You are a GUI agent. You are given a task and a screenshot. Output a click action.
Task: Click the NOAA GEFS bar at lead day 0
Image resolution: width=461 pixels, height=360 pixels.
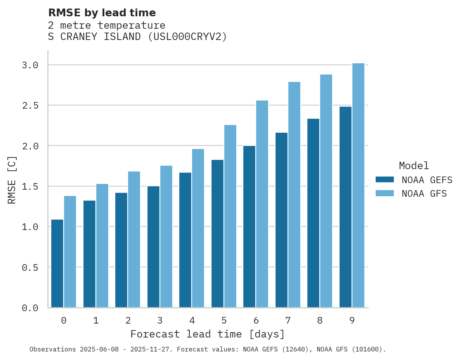(x=57, y=263)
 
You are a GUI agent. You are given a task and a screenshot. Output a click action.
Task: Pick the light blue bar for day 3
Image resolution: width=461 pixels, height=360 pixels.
(x=166, y=237)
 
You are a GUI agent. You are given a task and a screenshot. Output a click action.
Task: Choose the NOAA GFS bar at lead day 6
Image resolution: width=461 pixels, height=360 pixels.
(x=262, y=204)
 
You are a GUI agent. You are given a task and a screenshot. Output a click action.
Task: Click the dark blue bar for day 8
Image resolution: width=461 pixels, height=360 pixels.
(x=313, y=213)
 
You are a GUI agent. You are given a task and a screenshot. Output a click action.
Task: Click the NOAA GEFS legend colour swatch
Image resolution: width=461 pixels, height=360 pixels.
(x=385, y=180)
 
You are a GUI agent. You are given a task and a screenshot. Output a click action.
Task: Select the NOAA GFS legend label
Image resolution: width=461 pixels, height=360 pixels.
(x=424, y=194)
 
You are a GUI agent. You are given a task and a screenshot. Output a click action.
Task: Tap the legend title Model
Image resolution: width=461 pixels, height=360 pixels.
(x=414, y=166)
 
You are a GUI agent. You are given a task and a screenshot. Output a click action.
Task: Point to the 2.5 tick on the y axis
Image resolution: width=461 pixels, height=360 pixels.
(x=30, y=106)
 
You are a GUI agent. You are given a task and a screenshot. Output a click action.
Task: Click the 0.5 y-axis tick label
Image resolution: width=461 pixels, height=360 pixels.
(x=30, y=267)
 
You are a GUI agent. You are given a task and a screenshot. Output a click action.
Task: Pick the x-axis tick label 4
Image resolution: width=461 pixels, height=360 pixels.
(x=192, y=320)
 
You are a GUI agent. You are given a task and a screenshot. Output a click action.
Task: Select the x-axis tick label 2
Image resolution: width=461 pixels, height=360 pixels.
(x=128, y=320)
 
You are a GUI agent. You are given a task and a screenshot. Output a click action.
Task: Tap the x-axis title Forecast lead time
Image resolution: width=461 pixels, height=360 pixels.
(x=208, y=334)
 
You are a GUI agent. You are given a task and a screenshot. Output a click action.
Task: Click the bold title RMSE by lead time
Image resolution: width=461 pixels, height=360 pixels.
(x=102, y=13)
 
